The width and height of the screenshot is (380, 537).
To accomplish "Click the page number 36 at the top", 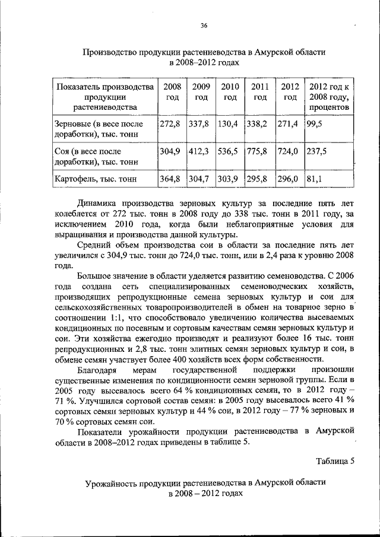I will click(x=204, y=25).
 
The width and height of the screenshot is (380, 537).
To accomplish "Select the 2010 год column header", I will click(x=229, y=92).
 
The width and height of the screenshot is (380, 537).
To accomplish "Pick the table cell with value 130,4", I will click(x=229, y=124).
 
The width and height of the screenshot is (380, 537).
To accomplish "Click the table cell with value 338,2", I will click(x=259, y=124).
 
